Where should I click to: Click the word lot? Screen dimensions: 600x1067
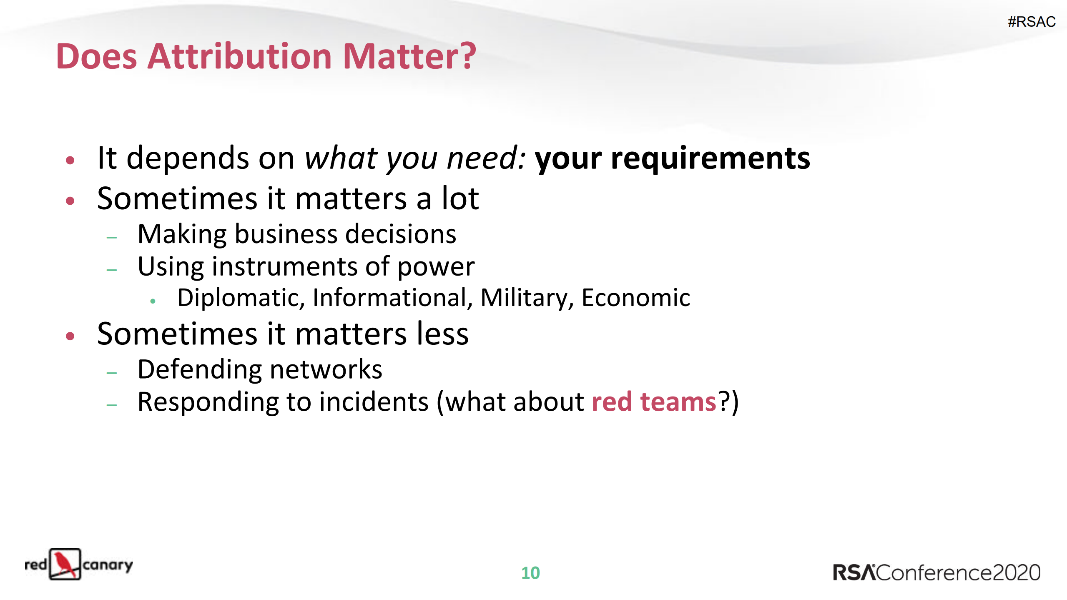point(460,198)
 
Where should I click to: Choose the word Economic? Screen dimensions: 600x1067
point(635,298)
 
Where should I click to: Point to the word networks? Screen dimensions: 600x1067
point(326,369)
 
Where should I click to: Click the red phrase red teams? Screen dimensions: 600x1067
point(653,402)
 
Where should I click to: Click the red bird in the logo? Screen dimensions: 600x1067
point(65,564)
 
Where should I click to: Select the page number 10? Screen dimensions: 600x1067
point(530,573)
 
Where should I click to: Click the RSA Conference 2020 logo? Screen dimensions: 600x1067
point(936,572)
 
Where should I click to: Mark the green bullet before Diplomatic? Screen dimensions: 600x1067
point(153,301)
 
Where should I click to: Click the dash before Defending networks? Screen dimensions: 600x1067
point(112,373)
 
